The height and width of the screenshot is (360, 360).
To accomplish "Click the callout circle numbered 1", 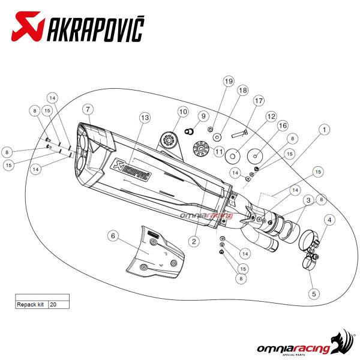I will [325, 129].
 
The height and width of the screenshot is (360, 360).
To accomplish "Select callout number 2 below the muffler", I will [194, 241].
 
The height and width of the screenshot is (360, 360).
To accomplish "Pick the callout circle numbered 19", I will [227, 81].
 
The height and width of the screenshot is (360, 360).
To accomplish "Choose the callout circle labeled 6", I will [112, 236].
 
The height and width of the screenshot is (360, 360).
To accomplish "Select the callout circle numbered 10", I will [183, 111].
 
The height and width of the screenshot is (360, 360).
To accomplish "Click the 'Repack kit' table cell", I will [31, 305].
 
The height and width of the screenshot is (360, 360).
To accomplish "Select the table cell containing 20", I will [59, 305].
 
